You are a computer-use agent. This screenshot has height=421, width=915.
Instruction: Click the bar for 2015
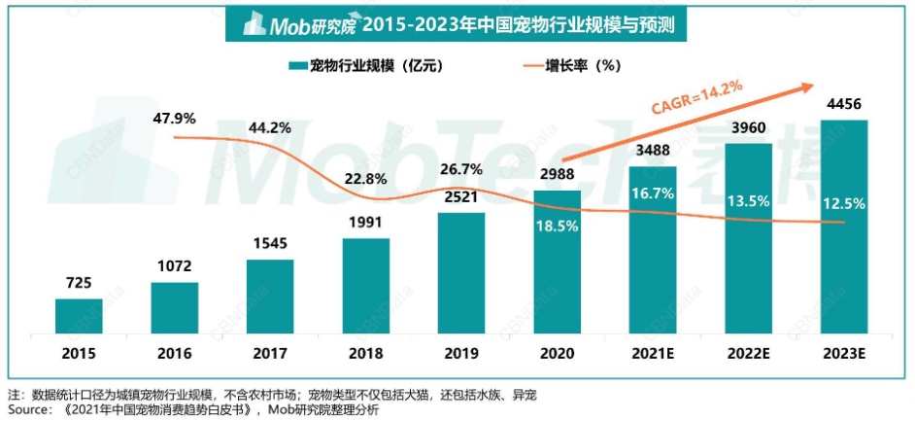point(79,314)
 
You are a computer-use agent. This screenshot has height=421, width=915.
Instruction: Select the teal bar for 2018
point(365,284)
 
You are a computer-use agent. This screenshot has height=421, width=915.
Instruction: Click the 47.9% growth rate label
point(175,118)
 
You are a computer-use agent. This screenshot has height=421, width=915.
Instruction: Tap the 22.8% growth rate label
point(365,178)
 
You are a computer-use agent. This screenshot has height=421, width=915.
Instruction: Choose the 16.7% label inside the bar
point(652,193)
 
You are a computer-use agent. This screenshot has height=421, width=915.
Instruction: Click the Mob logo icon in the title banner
point(254,24)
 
